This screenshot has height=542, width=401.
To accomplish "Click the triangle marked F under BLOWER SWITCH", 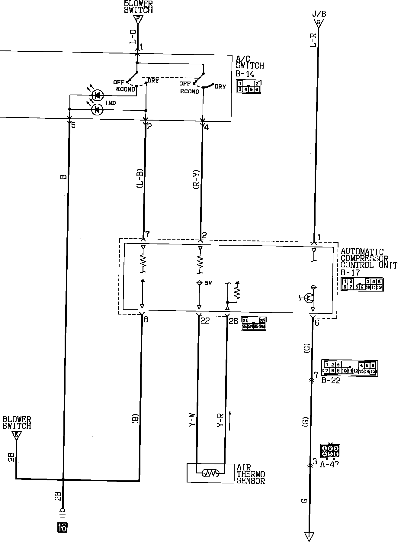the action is (x=138, y=20).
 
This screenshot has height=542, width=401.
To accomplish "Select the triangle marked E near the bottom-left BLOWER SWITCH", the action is (x=16, y=435).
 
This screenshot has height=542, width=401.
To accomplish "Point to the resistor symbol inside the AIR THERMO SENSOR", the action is (x=210, y=473).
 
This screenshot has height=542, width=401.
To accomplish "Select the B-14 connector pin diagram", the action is (x=249, y=87).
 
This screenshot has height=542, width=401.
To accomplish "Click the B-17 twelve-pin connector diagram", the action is (x=362, y=284).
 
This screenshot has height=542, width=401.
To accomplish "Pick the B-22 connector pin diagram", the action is (x=350, y=368).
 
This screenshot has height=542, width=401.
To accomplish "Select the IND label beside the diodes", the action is (x=111, y=103).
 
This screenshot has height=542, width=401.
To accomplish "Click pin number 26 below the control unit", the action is (x=233, y=321).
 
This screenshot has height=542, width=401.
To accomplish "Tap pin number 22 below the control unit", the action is (x=205, y=321).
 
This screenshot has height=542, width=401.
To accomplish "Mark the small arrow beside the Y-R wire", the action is (x=230, y=420).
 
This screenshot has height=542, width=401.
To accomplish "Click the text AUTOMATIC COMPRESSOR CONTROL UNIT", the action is (x=368, y=259).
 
